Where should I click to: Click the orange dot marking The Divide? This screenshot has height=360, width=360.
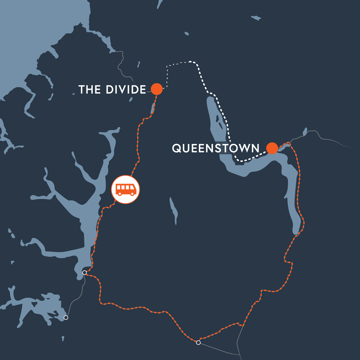[157, 89]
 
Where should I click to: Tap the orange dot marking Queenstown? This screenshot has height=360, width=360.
[272, 148]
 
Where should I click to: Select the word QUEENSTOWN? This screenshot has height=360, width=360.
[216, 148]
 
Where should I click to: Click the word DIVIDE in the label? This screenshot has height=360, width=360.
[126, 89]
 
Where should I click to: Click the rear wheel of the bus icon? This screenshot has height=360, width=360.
[120, 194]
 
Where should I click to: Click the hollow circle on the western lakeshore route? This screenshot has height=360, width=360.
[85, 272]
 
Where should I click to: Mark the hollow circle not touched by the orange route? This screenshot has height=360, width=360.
[66, 317]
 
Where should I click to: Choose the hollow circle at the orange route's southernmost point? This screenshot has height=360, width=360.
[198, 342]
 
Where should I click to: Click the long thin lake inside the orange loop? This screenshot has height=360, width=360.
[173, 210]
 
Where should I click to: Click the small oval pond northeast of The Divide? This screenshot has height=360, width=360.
[187, 34]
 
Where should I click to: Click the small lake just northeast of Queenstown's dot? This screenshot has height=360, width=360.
[305, 131]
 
